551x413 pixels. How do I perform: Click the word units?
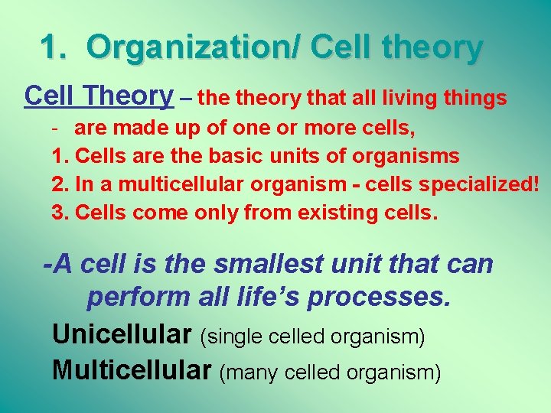[297, 156]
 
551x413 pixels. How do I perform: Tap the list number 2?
[60, 184]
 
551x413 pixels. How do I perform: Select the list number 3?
[60, 211]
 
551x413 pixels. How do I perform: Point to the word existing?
[341, 212]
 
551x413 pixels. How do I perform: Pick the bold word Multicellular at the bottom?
[131, 371]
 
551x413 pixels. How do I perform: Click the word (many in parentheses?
[249, 372]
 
